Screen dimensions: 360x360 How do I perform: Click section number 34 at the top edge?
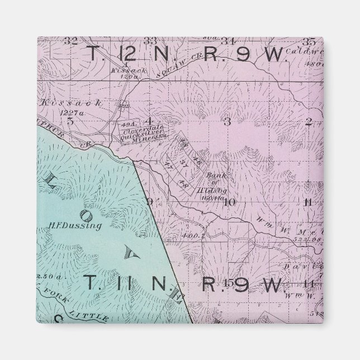click(x=226, y=41)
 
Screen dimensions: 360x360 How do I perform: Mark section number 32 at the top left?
click(x=70, y=40)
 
